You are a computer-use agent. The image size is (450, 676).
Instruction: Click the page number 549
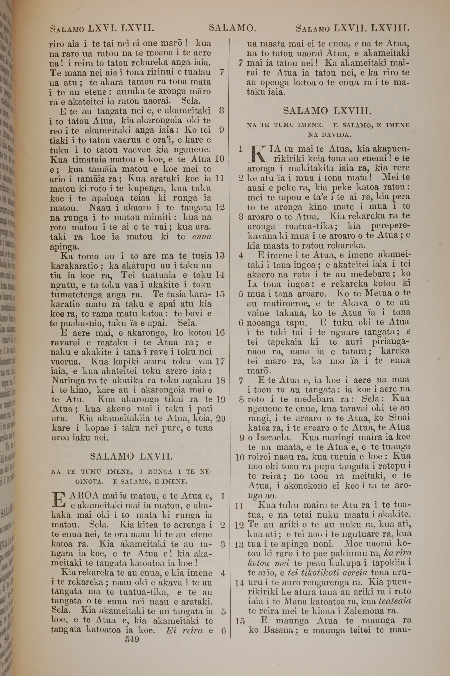[x=132, y=639]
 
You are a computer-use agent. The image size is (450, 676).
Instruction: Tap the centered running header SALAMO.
[x=232, y=28]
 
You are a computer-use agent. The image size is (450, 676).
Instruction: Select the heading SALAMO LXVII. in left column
[x=131, y=456]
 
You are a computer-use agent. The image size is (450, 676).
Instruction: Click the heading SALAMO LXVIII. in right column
[x=327, y=111]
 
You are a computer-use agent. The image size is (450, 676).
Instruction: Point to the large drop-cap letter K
[x=257, y=154]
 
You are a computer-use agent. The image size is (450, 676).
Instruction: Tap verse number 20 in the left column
[x=220, y=419]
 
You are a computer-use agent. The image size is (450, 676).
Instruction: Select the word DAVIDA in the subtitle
[x=329, y=135]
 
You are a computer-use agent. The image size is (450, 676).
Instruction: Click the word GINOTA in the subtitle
[x=89, y=482]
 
